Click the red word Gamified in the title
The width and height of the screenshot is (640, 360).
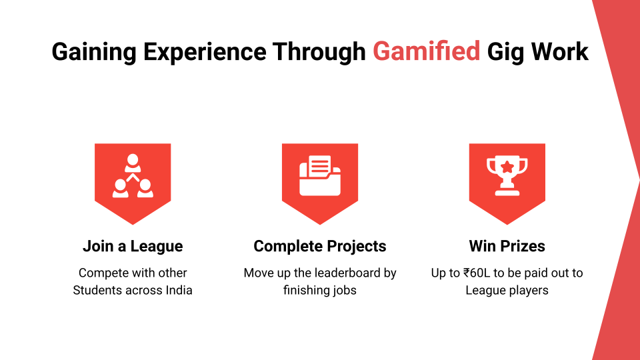click(426, 52)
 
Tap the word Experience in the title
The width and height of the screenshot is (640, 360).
click(205, 53)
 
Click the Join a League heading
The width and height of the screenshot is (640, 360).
click(133, 246)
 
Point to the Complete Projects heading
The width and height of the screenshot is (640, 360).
click(319, 247)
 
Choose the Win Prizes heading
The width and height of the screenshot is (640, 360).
click(507, 246)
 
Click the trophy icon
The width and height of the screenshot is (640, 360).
click(507, 175)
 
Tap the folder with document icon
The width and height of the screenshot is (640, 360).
click(320, 175)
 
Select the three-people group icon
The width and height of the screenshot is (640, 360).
click(133, 175)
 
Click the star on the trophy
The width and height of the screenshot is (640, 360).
click(507, 167)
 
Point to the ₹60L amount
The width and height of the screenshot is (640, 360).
click(476, 273)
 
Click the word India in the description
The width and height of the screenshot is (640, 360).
click(179, 290)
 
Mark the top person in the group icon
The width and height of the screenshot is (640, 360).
click(133, 163)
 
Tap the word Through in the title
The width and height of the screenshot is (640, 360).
click(319, 53)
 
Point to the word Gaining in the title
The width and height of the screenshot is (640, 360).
click(94, 53)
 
